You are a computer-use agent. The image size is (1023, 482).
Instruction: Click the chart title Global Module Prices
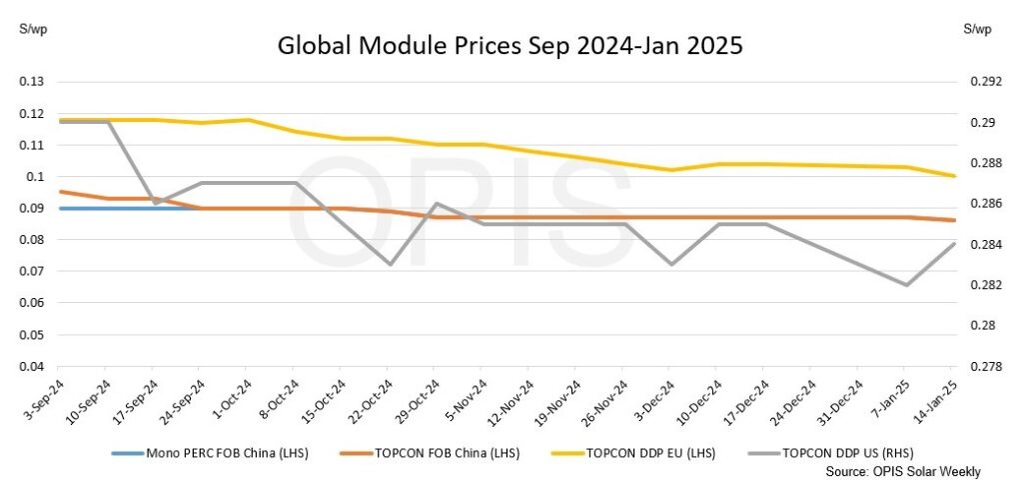pyautogui.click(x=510, y=46)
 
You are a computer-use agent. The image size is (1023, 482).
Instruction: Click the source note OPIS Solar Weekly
pyautogui.click(x=903, y=471)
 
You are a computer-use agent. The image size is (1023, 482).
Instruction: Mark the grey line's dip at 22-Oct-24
pyautogui.click(x=390, y=264)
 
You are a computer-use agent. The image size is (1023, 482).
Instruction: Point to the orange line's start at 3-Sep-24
pyautogui.click(x=61, y=191)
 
